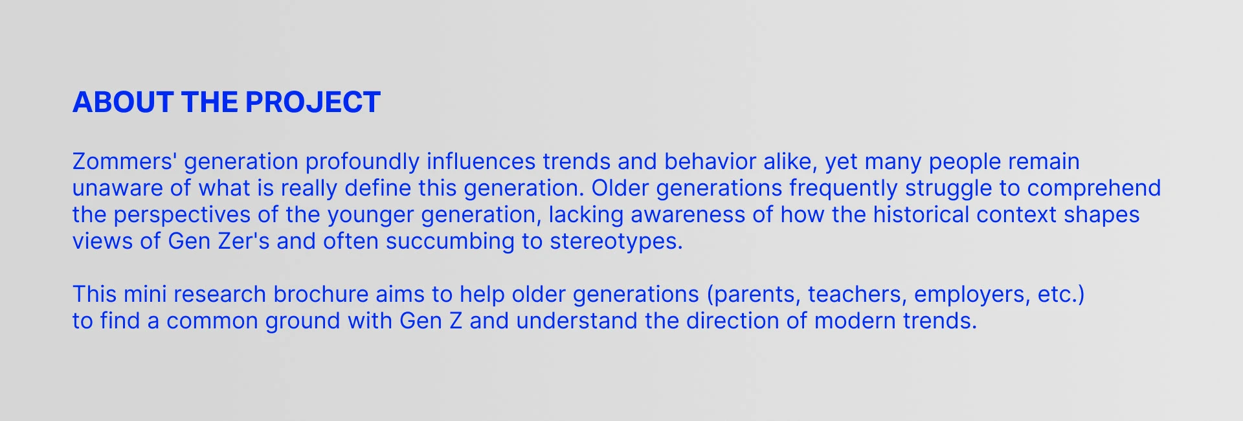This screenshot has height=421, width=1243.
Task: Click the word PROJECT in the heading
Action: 313,102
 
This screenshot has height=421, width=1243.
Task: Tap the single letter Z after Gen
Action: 456,321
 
